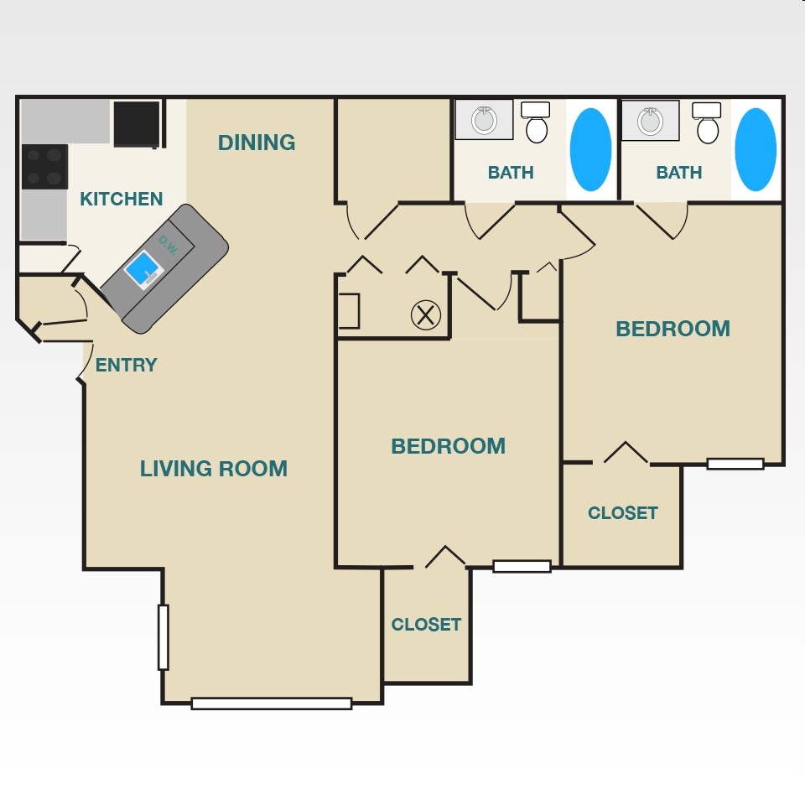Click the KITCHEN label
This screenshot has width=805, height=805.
[x=121, y=199]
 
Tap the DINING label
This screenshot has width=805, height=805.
[x=257, y=143]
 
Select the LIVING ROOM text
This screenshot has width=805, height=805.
[x=213, y=469]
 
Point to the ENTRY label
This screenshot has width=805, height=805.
[x=126, y=365]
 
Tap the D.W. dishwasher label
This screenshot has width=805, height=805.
[x=167, y=242]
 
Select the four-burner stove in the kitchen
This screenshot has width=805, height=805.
[x=44, y=167]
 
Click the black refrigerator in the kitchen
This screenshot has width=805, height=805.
[x=136, y=123]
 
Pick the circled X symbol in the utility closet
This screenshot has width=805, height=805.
[x=425, y=315]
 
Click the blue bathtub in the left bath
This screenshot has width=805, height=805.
[x=590, y=149]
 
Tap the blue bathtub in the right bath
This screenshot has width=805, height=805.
[x=756, y=149]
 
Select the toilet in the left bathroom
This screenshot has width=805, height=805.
[x=536, y=124]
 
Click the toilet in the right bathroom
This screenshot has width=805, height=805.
[x=707, y=124]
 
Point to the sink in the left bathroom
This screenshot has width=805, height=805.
[x=484, y=120]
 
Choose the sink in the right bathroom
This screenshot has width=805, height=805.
[x=650, y=121]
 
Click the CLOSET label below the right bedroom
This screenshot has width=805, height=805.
[x=622, y=512]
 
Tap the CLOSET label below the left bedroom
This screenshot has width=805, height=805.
[x=426, y=625]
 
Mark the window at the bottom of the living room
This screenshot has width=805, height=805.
[x=271, y=704]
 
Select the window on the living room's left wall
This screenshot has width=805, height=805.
[x=164, y=637]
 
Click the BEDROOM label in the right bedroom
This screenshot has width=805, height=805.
[x=673, y=329]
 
